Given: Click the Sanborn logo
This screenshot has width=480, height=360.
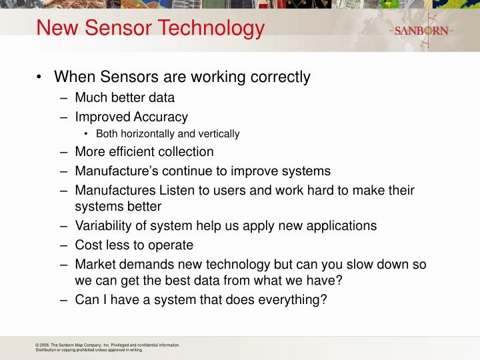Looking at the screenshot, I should point(421,31).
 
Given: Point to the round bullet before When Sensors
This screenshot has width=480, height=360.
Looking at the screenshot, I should point(41,77).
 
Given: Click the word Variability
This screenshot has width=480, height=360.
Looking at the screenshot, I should point(104,225).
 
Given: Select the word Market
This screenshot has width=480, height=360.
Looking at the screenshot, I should point(95,264).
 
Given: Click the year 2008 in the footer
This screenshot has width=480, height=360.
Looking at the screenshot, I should point(45,345).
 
